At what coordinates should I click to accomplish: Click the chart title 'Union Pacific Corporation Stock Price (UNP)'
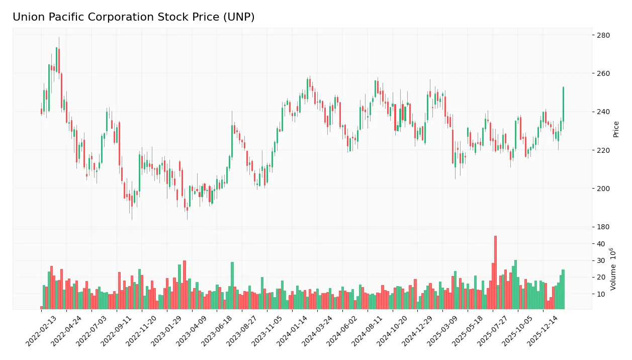[133, 17]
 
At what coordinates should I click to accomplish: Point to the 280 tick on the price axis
[602, 35]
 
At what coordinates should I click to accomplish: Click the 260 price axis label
[602, 73]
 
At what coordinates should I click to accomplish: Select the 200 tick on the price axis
[602, 189]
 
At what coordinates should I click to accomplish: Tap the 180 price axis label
[602, 227]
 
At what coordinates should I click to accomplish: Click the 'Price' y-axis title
[616, 129]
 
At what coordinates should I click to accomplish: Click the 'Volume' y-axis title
[613, 269]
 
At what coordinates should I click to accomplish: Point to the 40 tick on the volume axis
[600, 244]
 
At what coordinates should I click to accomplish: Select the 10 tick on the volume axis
[600, 294]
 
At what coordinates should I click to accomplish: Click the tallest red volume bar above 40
[495, 272]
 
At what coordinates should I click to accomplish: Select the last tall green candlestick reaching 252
[563, 104]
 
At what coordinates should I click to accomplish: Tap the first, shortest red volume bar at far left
[42, 307]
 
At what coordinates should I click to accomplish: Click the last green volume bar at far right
[563, 289]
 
